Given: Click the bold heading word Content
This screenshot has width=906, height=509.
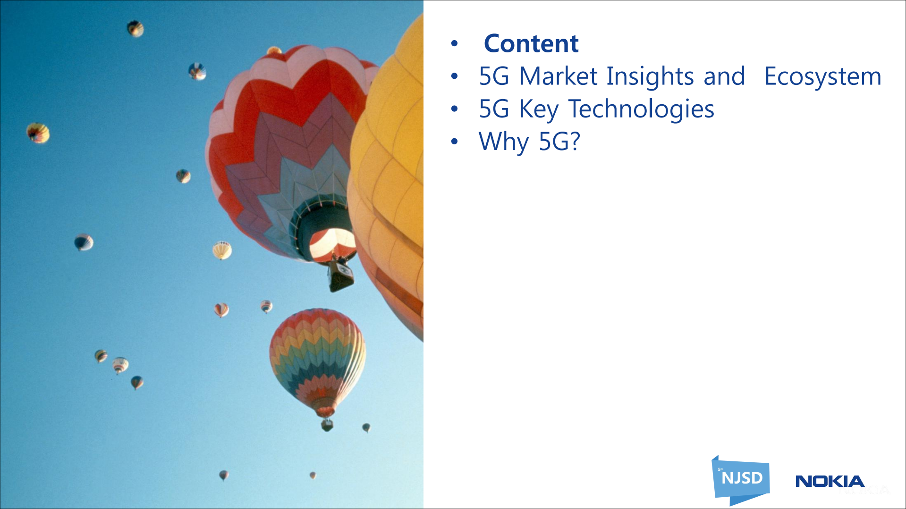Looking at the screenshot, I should (531, 44).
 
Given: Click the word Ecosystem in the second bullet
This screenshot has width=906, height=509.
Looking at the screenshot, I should (822, 76).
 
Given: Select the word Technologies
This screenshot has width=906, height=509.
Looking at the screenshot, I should (641, 109).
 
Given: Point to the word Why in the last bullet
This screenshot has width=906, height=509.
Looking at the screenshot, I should (503, 142).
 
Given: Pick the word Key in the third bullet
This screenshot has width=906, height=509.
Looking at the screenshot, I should (539, 109).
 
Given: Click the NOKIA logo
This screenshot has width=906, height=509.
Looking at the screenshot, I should (830, 481).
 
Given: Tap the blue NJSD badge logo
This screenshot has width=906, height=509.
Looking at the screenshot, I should (741, 479).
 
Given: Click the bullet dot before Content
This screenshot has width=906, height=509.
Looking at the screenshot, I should (454, 44).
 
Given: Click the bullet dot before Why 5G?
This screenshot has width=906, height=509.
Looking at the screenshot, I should (454, 142).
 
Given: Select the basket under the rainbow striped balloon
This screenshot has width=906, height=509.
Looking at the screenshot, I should (327, 426).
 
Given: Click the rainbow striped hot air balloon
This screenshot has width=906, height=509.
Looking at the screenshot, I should (317, 359).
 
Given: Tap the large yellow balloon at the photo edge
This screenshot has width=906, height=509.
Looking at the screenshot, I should (392, 179).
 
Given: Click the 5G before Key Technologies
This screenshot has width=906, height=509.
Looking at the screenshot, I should (494, 109).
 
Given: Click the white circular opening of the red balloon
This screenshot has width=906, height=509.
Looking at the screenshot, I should (332, 244).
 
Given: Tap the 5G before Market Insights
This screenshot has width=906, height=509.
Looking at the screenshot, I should (494, 76).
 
